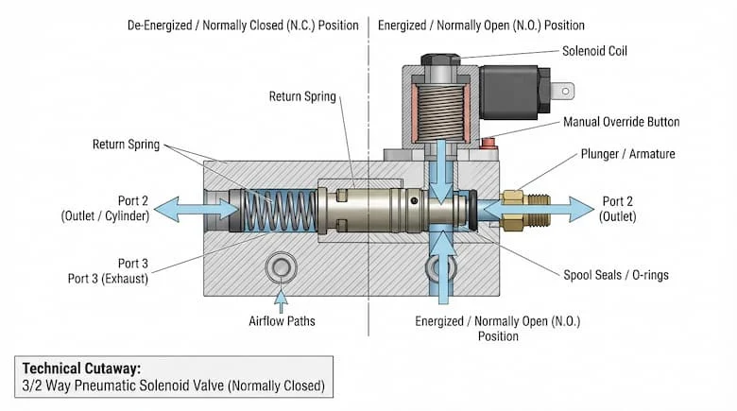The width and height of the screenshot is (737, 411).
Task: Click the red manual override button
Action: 488,142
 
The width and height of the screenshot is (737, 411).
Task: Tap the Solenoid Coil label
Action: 594,51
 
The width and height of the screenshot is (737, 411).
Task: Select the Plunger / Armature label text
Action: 628,154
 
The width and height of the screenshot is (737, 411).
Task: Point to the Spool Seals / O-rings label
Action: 616,275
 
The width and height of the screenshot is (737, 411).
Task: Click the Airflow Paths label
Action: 282,321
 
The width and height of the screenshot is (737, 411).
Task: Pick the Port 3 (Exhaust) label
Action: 108,279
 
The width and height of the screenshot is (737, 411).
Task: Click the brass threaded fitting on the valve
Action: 525,210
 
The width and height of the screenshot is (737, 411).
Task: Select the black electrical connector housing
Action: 514,93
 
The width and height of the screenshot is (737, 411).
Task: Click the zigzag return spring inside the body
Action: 280,210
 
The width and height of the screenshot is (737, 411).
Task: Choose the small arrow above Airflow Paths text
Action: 281,301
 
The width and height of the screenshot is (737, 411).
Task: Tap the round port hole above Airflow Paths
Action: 281,267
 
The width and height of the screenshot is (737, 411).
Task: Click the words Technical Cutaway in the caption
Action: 81,368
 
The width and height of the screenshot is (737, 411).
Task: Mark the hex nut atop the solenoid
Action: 440,60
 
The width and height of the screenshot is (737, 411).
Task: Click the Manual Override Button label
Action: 622,122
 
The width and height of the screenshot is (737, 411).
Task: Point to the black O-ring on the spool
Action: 472,210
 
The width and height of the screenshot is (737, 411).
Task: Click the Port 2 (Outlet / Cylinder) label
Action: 105,208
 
